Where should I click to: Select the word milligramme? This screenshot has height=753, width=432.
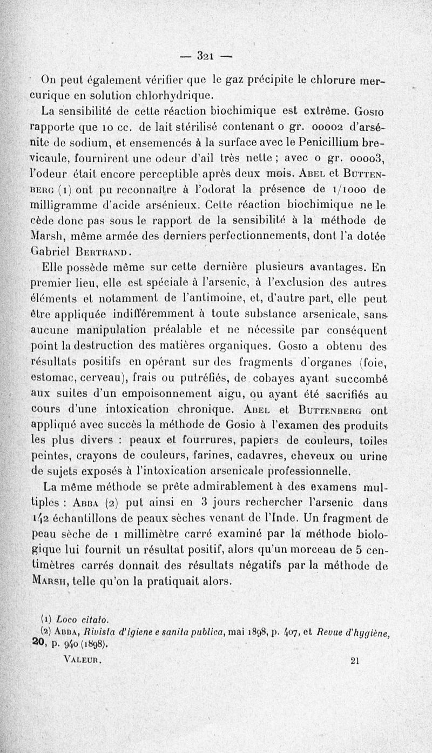pyautogui.click(x=69, y=205)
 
